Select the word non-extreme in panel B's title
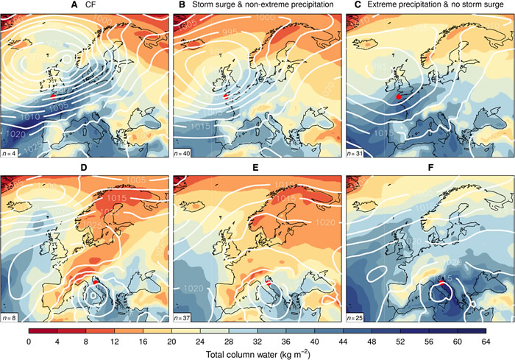(257, 6)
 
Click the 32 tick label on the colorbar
(257, 342)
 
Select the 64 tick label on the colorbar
(486, 342)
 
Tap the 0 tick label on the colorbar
(29, 342)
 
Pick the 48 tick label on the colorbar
(372, 342)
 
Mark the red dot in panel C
(398, 96)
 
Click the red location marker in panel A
(54, 95)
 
